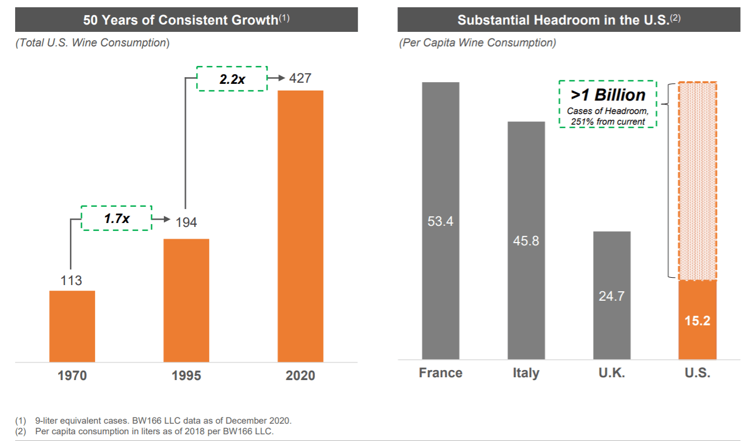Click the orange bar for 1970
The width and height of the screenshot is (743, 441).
click(x=72, y=326)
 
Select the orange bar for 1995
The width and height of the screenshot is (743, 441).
click(x=186, y=300)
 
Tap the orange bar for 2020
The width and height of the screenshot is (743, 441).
click(x=300, y=226)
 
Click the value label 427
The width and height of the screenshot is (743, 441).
click(x=300, y=78)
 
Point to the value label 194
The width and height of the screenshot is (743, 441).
click(x=186, y=222)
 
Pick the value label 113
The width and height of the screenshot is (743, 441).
click(x=72, y=281)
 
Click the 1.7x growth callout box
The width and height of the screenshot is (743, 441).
click(x=117, y=219)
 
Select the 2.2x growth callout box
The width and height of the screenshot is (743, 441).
click(x=231, y=79)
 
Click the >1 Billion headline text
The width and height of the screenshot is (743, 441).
click(x=608, y=95)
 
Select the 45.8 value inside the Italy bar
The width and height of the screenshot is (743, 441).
click(x=526, y=241)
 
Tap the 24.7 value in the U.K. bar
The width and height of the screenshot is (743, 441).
click(x=612, y=296)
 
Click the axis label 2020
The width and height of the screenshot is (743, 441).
click(x=300, y=375)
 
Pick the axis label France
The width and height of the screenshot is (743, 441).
click(x=441, y=373)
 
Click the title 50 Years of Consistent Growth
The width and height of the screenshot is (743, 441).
click(x=181, y=20)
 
